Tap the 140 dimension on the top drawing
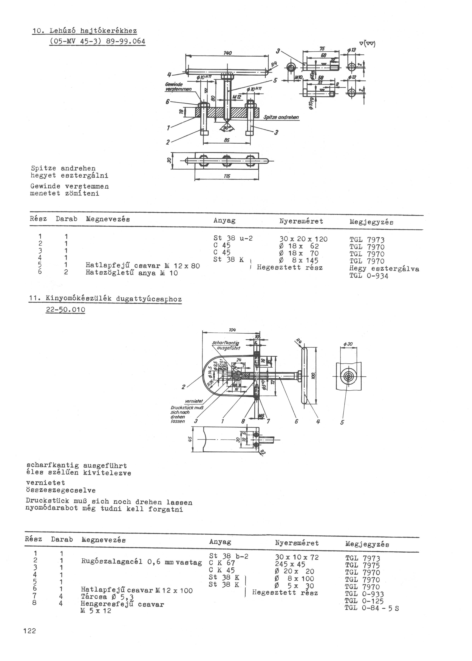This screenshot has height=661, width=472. [x=227, y=53]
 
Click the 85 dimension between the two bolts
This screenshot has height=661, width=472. [x=227, y=140]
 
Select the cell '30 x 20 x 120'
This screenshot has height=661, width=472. [x=303, y=239]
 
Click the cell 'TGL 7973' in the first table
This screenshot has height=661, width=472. [x=367, y=240]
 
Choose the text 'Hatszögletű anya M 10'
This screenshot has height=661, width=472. [x=131, y=273]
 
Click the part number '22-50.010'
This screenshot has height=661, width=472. [x=65, y=310]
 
